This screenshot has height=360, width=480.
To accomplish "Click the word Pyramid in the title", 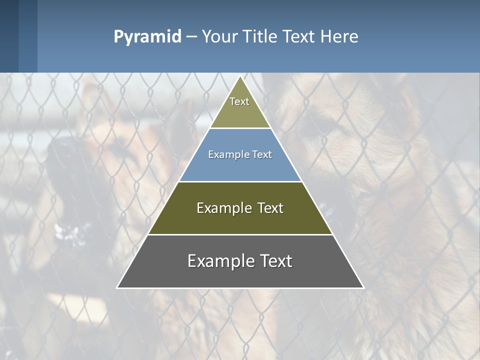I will tap(147, 37).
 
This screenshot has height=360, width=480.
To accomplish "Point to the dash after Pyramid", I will tap(191, 37).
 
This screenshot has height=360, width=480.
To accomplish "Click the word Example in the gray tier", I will tap(218, 261).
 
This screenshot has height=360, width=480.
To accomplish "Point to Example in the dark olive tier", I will tap(222, 208).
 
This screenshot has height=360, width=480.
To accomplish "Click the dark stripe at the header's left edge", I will tap(9, 36).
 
